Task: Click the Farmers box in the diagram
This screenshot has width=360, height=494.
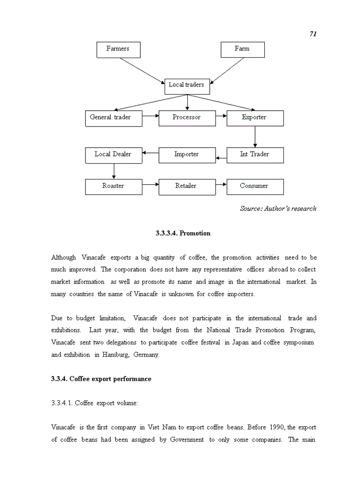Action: [118, 49]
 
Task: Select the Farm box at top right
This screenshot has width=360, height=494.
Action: [242, 49]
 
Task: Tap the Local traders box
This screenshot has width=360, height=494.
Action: [187, 85]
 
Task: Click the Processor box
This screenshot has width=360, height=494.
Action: [186, 118]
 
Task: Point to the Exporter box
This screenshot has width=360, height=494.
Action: [255, 118]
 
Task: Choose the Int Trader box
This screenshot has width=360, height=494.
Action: [255, 155]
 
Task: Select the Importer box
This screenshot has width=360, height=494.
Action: [186, 155]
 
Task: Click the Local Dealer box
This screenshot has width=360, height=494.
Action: [113, 155]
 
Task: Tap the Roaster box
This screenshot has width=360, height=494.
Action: [113, 187]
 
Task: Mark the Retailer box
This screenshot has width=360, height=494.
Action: [186, 187]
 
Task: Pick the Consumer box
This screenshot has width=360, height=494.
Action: [255, 187]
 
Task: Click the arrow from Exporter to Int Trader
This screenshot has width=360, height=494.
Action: [255, 137]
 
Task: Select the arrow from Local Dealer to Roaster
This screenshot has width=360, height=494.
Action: [114, 171]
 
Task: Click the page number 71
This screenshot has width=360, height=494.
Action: [313, 33]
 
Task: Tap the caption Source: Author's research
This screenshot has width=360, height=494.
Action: [278, 208]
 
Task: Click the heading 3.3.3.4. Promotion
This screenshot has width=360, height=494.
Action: [183, 233]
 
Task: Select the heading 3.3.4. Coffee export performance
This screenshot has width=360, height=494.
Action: [101, 379]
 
